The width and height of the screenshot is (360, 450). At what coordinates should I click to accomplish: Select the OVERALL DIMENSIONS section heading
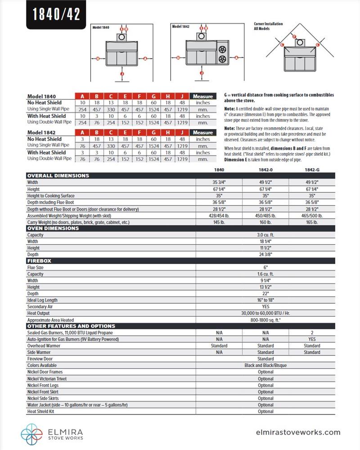(x=58, y=175)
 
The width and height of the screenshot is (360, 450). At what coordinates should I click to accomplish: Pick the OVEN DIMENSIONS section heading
(x=53, y=228)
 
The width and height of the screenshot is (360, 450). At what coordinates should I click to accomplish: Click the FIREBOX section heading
(x=39, y=261)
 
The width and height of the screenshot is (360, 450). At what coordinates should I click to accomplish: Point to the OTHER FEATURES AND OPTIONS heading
(x=71, y=326)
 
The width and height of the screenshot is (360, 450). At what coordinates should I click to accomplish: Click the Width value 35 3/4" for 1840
(x=219, y=183)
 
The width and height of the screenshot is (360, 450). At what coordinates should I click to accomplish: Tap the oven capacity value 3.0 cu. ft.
(x=265, y=235)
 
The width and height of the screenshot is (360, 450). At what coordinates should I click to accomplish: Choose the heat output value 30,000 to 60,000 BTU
(x=265, y=313)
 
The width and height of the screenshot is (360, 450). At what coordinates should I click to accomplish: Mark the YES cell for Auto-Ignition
(x=312, y=339)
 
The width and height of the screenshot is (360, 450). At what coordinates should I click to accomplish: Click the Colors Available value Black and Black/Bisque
(x=265, y=365)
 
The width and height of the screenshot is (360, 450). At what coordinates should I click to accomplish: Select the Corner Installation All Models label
(x=268, y=26)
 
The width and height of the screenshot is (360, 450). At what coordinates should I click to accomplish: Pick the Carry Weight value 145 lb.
(x=219, y=222)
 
